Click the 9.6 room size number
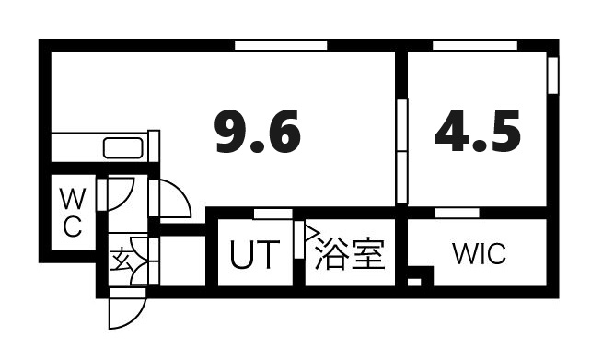tap(258, 133)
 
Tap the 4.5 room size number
tap(478, 133)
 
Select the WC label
tap(72, 212)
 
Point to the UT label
tap(252, 254)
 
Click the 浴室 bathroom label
tap(349, 254)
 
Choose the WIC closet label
tap(479, 253)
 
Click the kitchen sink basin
tap(122, 147)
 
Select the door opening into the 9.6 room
tap(171, 199)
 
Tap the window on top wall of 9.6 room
tap(281, 45)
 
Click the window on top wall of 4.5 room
tap(474, 45)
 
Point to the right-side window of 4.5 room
tap(552, 75)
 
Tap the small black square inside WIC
tap(415, 281)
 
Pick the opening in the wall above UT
tap(273, 214)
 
